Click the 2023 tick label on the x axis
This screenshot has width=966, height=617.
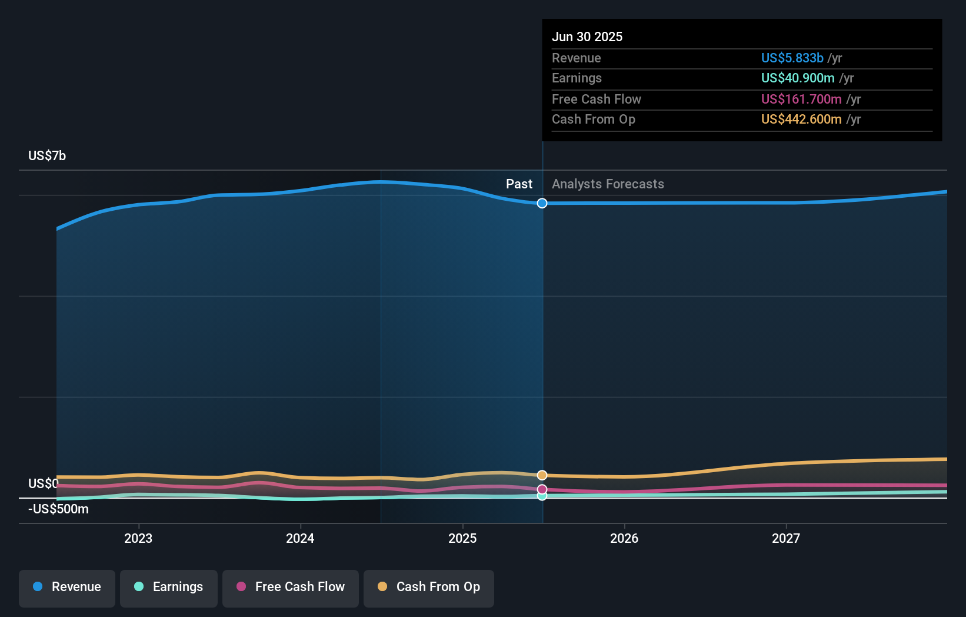[x=138, y=539]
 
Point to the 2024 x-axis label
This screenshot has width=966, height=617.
[x=300, y=539]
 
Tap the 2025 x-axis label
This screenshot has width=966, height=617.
[x=462, y=539]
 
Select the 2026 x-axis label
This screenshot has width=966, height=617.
[x=624, y=539]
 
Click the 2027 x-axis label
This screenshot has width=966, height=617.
[x=786, y=539]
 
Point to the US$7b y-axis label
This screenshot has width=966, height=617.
[x=47, y=156]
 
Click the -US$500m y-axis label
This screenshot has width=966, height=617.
[x=58, y=509]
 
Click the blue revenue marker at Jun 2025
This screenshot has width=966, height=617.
[x=542, y=203]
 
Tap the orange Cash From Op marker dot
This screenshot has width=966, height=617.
[x=542, y=475]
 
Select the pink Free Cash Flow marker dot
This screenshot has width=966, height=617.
[x=542, y=489]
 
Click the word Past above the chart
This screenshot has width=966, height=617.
[x=519, y=184]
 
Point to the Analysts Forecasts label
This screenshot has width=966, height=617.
[x=608, y=184]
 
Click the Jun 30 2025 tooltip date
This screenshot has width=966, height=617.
[x=587, y=37]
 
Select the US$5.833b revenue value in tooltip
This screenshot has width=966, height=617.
[x=792, y=58]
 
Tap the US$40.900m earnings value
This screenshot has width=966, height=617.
[x=798, y=78]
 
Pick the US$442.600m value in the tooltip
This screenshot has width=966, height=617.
[x=801, y=119]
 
